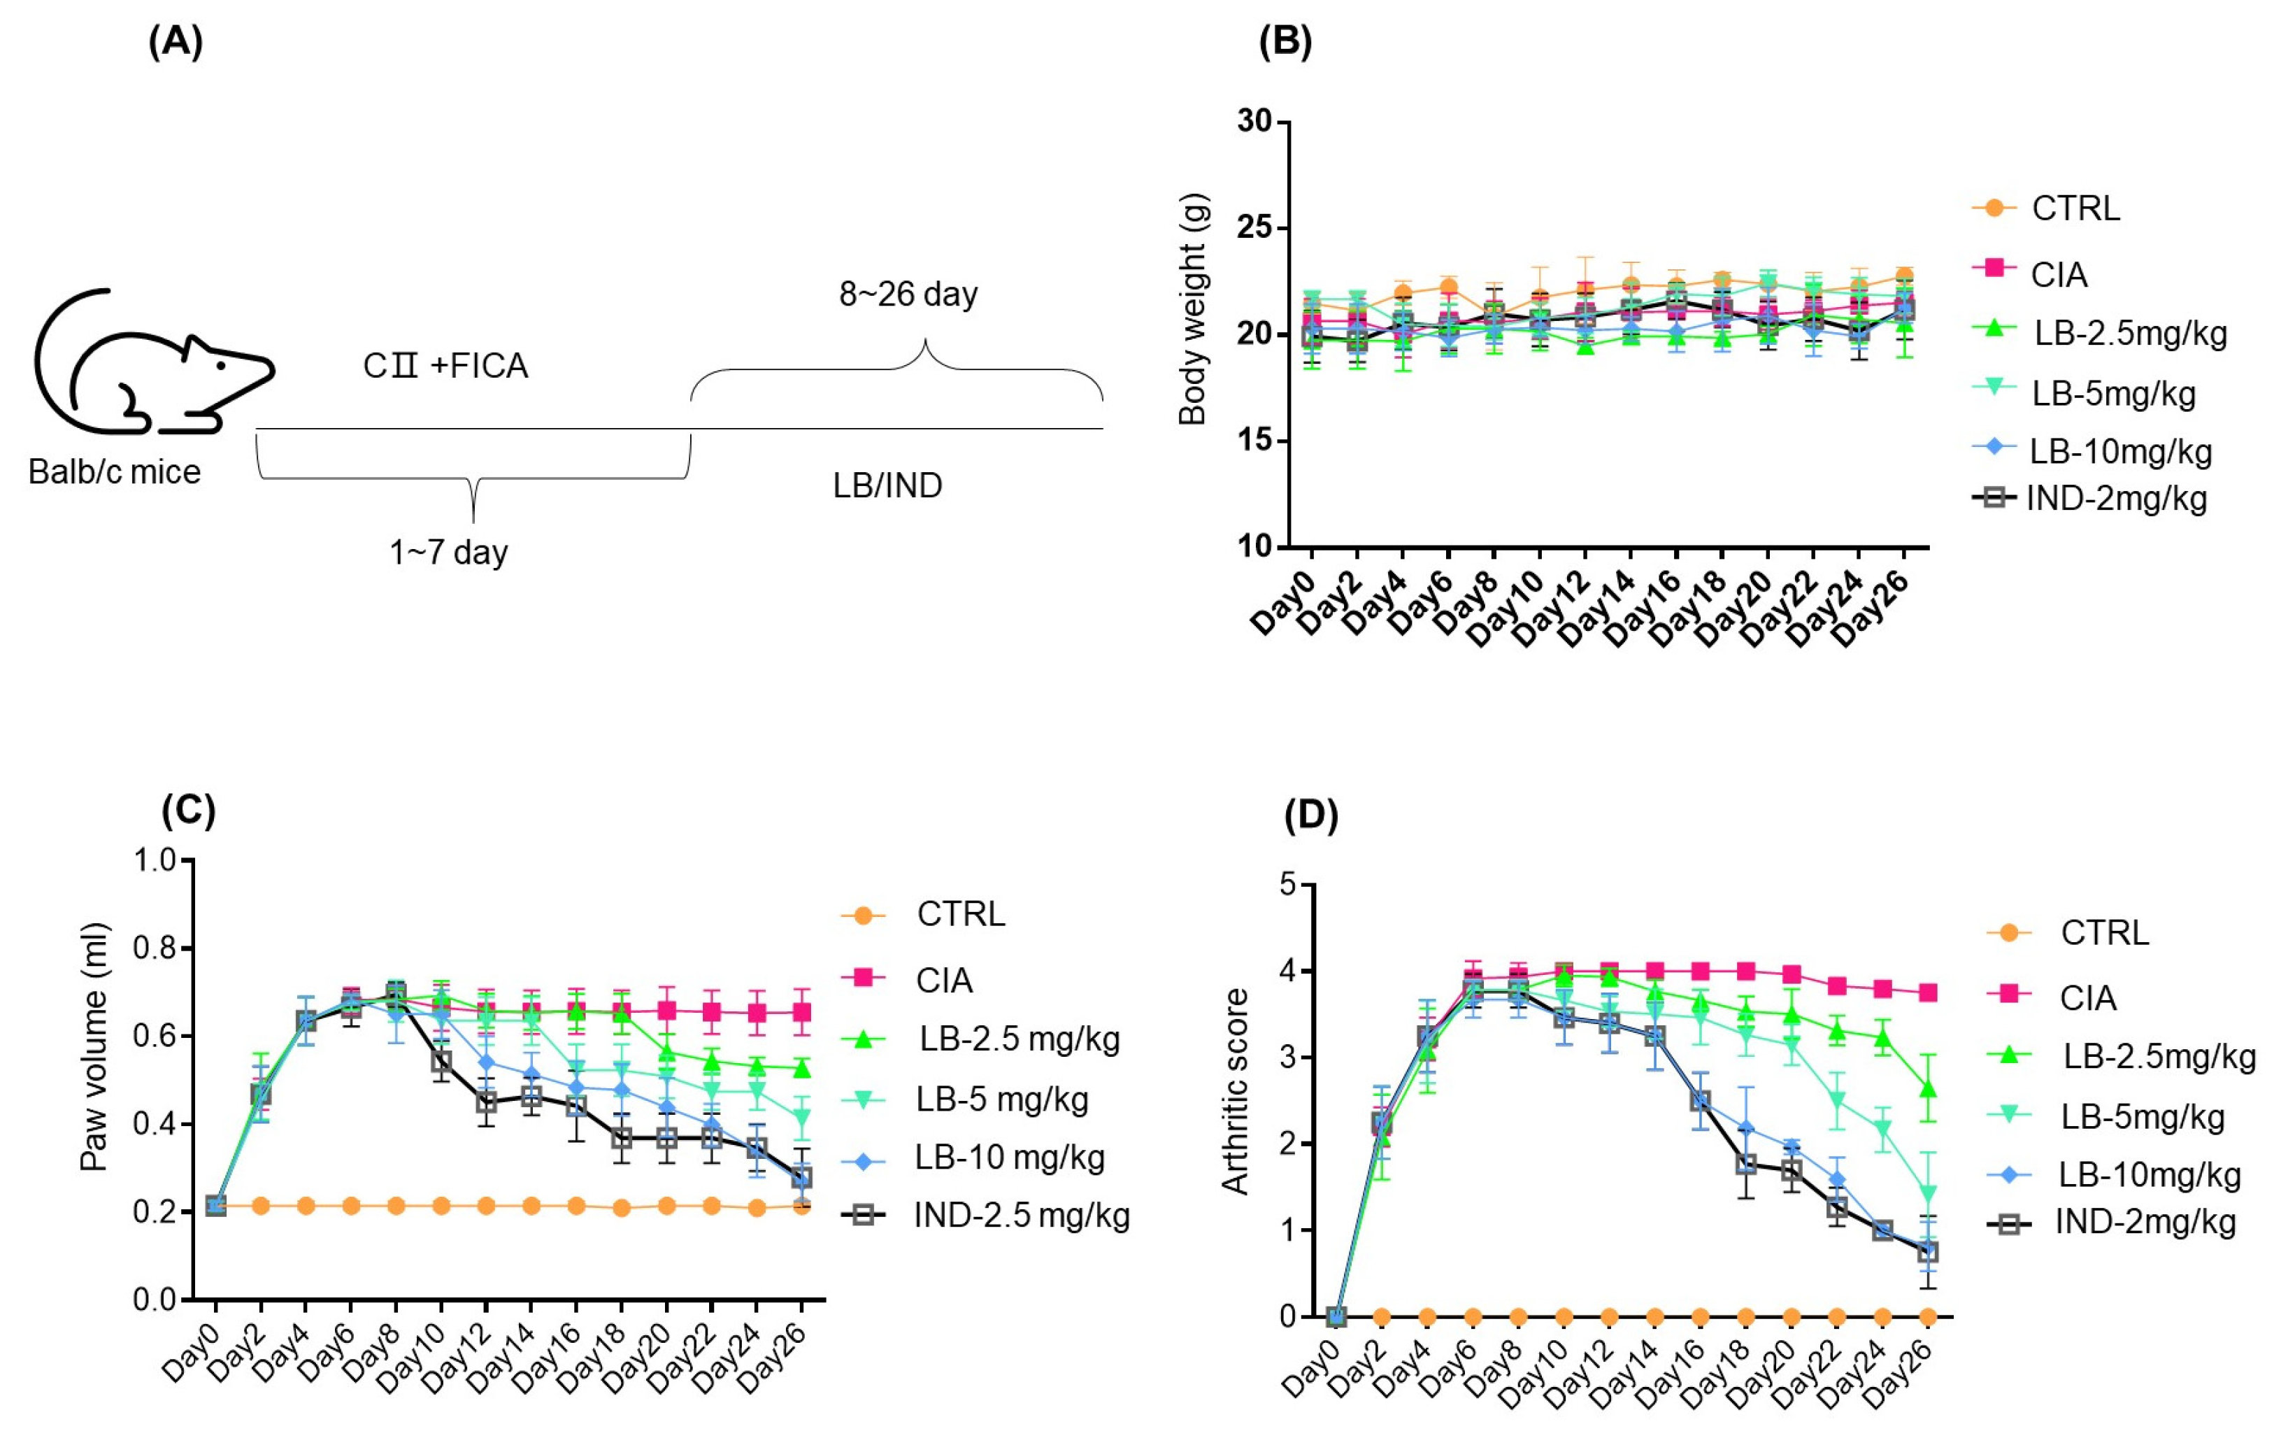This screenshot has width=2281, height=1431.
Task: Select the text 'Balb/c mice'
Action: (115, 471)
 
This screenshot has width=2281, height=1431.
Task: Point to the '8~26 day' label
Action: (908, 294)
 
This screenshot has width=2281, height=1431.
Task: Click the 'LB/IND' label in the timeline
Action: (887, 485)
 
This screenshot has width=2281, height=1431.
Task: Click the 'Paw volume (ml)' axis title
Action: (94, 1046)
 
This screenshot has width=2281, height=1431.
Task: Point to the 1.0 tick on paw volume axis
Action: (155, 860)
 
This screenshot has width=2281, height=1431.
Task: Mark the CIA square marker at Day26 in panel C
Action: (801, 1013)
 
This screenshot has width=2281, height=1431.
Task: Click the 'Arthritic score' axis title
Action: (1235, 1091)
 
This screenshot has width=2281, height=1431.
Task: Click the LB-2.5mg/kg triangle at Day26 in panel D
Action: (1927, 1090)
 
